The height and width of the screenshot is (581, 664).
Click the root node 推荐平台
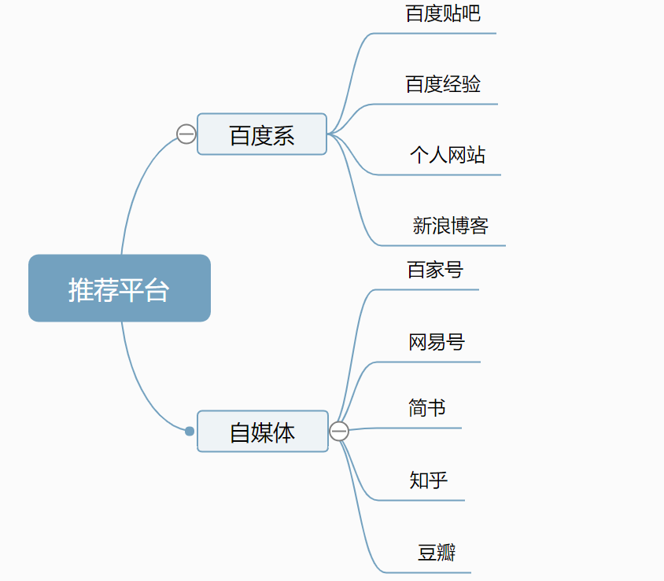pyautogui.click(x=120, y=289)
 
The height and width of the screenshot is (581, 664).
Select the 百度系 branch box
pyautogui.click(x=262, y=134)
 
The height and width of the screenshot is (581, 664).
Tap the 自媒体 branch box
pyautogui.click(x=262, y=432)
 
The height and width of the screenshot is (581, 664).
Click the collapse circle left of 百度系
pyautogui.click(x=186, y=134)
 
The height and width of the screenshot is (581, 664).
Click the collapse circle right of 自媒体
pyautogui.click(x=339, y=432)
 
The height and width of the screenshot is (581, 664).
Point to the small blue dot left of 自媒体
pyautogui.click(x=190, y=431)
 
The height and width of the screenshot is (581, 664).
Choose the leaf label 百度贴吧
pyautogui.click(x=443, y=13)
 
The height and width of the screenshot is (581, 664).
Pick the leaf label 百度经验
pyautogui.click(x=443, y=84)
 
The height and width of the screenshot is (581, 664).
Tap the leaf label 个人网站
pyautogui.click(x=447, y=155)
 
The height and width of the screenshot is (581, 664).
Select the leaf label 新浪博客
pyautogui.click(x=451, y=226)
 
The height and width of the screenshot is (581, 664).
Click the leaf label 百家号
pyautogui.click(x=435, y=270)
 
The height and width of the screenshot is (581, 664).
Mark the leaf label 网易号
pyautogui.click(x=437, y=342)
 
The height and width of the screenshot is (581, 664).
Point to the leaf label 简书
pyautogui.click(x=427, y=408)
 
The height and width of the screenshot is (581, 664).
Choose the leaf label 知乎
pyautogui.click(x=429, y=480)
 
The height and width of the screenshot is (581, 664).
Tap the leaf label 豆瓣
pyautogui.click(x=437, y=552)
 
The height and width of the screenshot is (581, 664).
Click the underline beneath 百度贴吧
pyautogui.click(x=441, y=34)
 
